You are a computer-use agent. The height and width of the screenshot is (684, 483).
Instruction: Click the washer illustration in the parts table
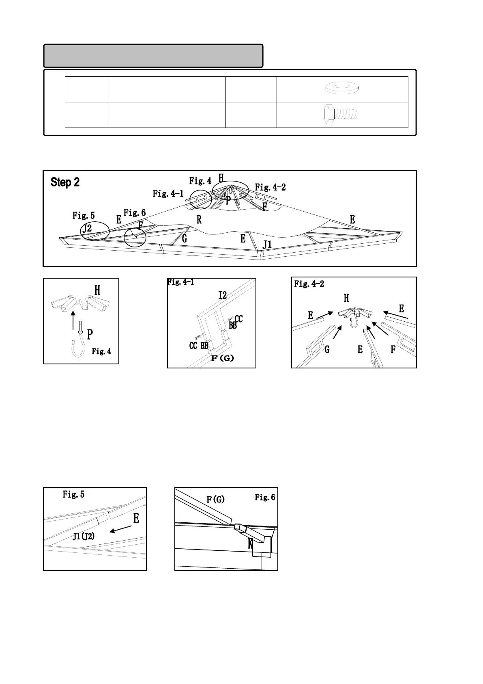(342, 88)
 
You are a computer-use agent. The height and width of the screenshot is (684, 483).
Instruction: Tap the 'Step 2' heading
(65, 182)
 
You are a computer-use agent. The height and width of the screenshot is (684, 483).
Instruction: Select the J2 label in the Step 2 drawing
(87, 229)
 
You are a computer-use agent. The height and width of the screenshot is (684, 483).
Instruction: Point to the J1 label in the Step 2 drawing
(267, 245)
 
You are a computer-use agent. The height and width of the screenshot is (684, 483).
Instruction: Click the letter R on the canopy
(199, 220)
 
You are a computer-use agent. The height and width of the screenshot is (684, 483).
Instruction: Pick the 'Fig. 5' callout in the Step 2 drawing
(84, 215)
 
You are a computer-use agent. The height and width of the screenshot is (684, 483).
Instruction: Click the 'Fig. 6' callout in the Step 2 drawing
(135, 212)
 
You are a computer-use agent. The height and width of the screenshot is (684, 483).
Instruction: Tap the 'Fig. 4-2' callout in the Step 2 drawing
(270, 187)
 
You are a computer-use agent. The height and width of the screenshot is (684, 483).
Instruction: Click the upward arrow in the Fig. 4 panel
(73, 320)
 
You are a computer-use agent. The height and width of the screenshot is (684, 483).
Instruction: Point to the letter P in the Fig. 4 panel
(90, 334)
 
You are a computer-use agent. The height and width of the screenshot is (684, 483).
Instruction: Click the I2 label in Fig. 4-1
(223, 295)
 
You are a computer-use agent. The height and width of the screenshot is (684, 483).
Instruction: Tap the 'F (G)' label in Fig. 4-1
(223, 358)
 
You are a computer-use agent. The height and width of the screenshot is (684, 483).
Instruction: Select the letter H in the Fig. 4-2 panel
(346, 298)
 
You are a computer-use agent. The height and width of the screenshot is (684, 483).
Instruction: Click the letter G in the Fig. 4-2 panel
(327, 349)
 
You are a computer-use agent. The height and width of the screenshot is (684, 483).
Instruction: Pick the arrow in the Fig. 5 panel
(121, 529)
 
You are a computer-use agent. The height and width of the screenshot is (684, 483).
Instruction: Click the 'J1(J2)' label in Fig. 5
(84, 536)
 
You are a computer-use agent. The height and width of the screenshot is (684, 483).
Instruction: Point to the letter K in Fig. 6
(250, 544)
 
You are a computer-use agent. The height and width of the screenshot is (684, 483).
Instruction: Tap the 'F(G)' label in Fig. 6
(216, 499)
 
